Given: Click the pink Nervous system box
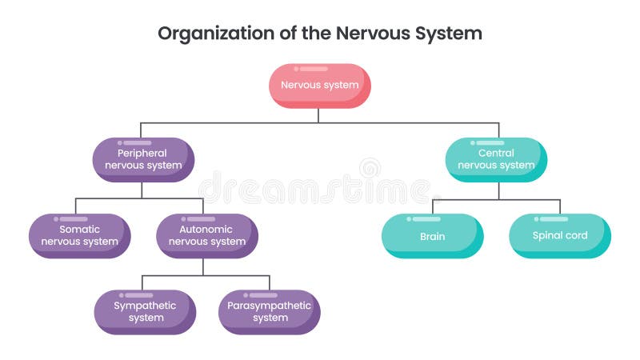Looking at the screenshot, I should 319,86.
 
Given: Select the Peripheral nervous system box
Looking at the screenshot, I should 143,159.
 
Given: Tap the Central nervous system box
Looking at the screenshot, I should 496,159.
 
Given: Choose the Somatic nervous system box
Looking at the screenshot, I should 80,235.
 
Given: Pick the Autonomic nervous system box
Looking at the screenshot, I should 207,235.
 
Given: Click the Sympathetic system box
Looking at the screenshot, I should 145,311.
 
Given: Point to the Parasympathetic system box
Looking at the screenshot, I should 270,311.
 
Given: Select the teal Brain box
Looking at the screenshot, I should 432,236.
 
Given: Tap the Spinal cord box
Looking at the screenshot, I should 560,236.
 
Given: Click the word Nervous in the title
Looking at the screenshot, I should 364,34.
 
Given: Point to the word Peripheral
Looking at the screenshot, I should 142,153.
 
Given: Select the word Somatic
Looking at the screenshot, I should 78,229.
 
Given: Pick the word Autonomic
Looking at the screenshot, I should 207,229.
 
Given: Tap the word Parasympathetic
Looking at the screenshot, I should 270,306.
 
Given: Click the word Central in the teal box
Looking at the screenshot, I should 496,153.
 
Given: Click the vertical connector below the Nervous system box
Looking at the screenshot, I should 318,115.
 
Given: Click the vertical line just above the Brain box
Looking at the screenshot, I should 434,206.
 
